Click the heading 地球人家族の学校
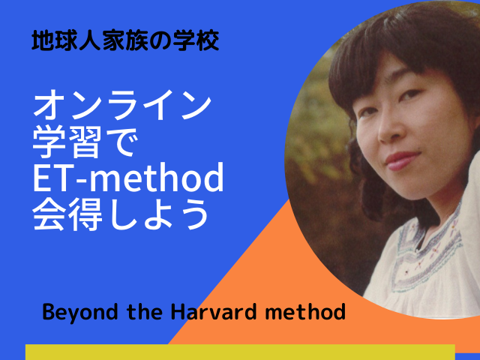pyautogui.click(x=125, y=40)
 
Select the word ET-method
pyautogui.click(x=128, y=177)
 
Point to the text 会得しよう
pyautogui.click(x=121, y=214)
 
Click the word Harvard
pyautogui.click(x=212, y=312)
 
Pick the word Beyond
pyautogui.click(x=80, y=313)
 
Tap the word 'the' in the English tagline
pyautogui.click(x=145, y=312)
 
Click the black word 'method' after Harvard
pyautogui.click(x=305, y=312)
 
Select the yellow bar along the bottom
pyautogui.click(x=240, y=352)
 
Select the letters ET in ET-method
pyautogui.click(x=52, y=177)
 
